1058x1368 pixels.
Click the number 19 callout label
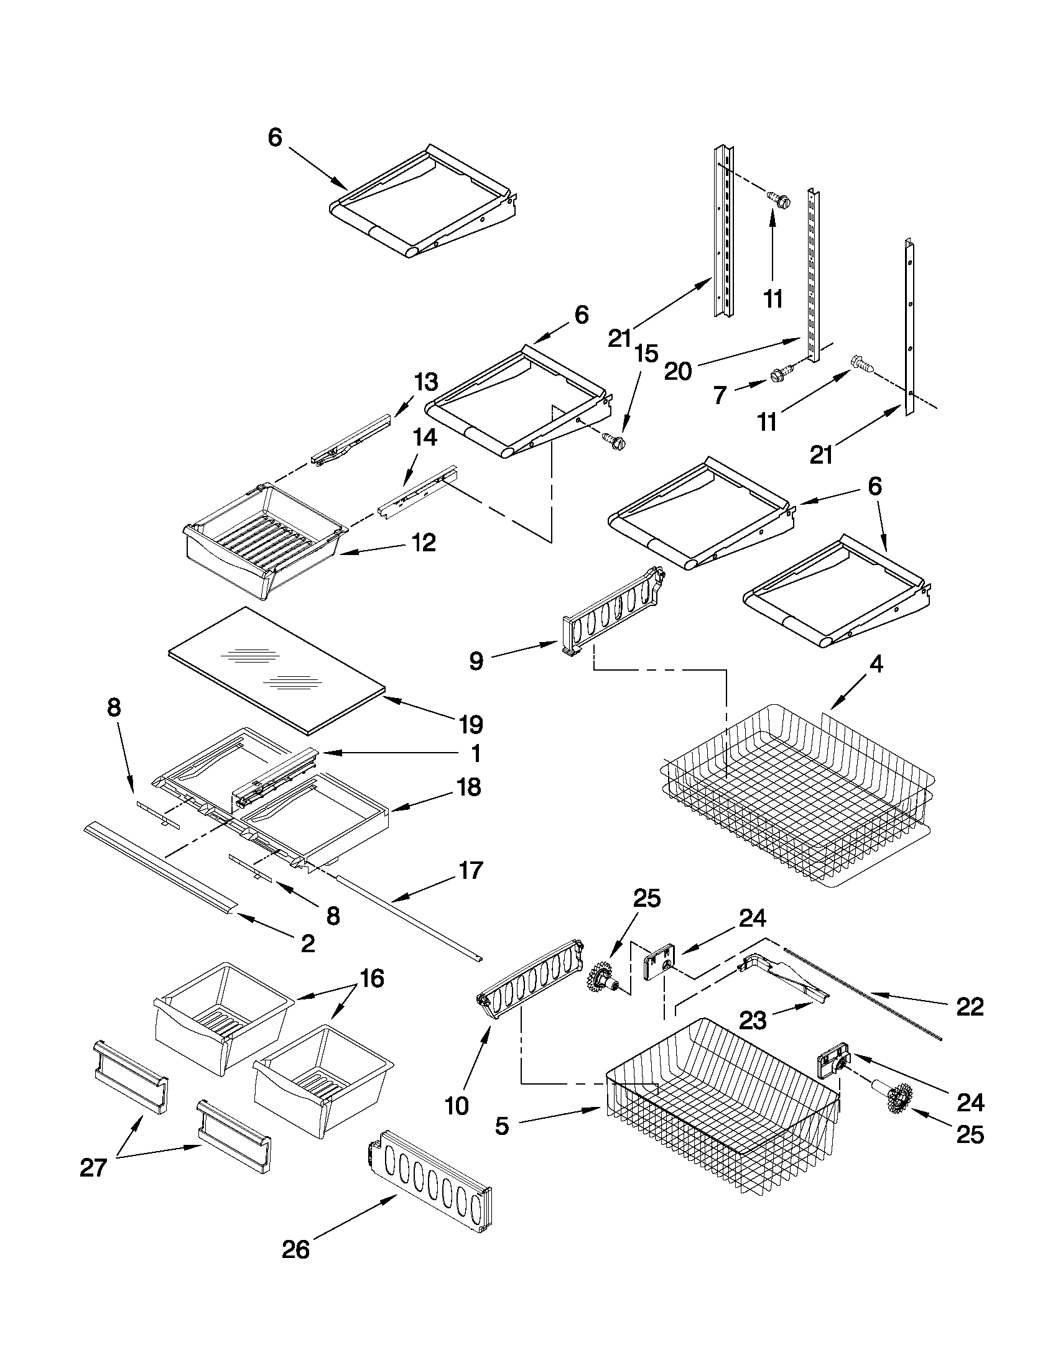pyautogui.click(x=471, y=725)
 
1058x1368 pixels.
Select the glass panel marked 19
pyautogui.click(x=276, y=668)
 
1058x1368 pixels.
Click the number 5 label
pyautogui.click(x=503, y=1126)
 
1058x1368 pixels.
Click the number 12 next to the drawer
pyautogui.click(x=424, y=543)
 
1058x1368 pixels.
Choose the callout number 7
pyautogui.click(x=720, y=395)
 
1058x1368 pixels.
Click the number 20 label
pyautogui.click(x=677, y=371)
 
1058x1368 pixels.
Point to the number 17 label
pyautogui.click(x=471, y=870)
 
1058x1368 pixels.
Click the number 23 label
pyautogui.click(x=753, y=1021)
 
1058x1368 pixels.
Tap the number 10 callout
pyautogui.click(x=457, y=1106)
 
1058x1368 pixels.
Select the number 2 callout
pyautogui.click(x=307, y=943)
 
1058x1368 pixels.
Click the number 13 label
pyautogui.click(x=425, y=382)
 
